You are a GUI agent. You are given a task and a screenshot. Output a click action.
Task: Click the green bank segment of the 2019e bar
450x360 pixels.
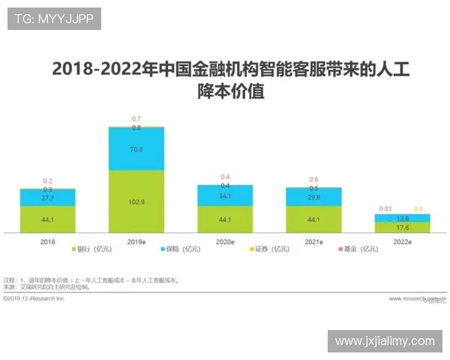[136, 201]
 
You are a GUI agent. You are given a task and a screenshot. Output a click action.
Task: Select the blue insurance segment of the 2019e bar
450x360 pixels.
[136, 149]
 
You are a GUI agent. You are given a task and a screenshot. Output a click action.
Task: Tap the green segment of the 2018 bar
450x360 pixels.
[47, 219]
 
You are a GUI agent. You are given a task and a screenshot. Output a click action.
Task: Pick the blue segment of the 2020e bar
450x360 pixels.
[224, 196]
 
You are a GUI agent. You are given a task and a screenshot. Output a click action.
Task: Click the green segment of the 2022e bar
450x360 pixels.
[402, 227]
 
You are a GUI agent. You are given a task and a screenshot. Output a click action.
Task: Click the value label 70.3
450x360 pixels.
[136, 149]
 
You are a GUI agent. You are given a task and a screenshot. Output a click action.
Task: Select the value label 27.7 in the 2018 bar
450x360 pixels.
[47, 197]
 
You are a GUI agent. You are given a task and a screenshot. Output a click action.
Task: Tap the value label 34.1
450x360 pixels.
[224, 196]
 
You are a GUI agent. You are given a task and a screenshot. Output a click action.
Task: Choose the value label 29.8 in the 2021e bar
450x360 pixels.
[313, 197]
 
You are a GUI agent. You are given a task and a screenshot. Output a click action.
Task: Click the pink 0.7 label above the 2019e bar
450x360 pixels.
[136, 119]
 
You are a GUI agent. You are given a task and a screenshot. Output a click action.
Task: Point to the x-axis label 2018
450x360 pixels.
[47, 241]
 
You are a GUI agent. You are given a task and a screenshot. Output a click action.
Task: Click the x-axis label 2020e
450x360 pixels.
[224, 241]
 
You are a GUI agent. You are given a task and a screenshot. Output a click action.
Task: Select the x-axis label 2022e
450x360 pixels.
[402, 241]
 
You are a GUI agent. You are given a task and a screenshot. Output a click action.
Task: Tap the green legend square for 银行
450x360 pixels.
[74, 249]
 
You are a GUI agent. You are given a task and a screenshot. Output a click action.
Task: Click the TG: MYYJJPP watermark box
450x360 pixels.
[54, 19]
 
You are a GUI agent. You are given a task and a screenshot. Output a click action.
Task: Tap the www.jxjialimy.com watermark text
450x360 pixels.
[385, 341]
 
